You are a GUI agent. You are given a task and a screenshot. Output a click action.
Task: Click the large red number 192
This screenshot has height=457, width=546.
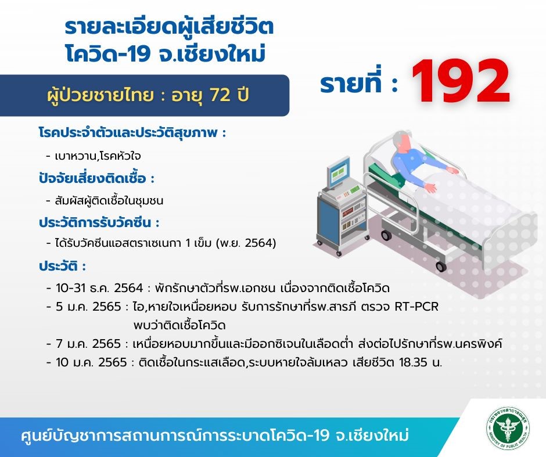[x=461, y=81]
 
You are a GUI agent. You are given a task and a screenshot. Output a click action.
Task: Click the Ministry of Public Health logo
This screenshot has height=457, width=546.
[x=508, y=429]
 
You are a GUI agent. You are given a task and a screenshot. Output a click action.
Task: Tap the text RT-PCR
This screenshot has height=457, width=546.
[x=416, y=307]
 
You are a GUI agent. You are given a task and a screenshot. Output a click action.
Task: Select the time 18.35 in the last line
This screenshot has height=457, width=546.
[x=413, y=363]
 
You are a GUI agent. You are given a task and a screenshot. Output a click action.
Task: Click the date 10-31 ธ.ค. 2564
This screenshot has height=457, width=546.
[x=99, y=288]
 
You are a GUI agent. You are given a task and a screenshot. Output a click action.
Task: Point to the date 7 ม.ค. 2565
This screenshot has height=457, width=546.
[x=88, y=344]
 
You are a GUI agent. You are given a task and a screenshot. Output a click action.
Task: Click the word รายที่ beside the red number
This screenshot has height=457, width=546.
[x=351, y=84]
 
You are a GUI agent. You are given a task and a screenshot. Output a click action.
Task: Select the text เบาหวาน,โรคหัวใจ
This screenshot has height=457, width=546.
[x=98, y=156]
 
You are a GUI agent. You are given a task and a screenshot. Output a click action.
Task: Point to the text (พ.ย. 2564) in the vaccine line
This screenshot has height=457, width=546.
[x=246, y=243]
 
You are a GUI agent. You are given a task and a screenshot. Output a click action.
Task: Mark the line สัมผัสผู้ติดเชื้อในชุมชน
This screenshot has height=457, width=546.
[x=109, y=201]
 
